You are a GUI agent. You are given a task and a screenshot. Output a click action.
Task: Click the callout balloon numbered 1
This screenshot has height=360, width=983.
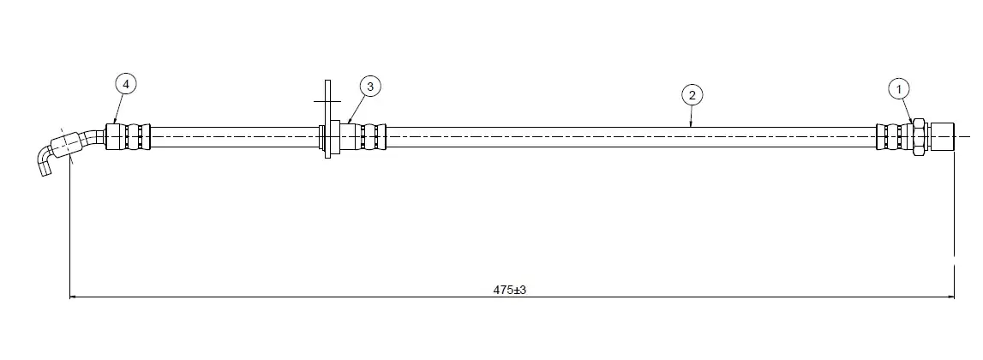[x=899, y=89]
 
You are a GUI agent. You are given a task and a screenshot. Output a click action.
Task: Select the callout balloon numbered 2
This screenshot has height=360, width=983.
[x=692, y=95]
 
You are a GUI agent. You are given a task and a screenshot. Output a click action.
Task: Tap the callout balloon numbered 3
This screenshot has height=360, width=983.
[x=370, y=87]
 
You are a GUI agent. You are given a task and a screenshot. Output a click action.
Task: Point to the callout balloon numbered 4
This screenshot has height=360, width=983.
[x=126, y=83]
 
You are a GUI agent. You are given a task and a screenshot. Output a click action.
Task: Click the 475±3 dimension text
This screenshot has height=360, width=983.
[x=509, y=290]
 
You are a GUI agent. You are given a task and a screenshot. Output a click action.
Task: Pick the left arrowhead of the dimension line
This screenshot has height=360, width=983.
[x=74, y=297]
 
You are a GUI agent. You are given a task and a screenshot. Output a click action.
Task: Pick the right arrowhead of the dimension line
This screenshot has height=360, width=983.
[x=950, y=297]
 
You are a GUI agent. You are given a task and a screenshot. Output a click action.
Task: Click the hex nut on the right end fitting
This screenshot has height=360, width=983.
[x=919, y=137]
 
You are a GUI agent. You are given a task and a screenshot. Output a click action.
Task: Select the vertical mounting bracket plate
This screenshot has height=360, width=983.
[x=327, y=119]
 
